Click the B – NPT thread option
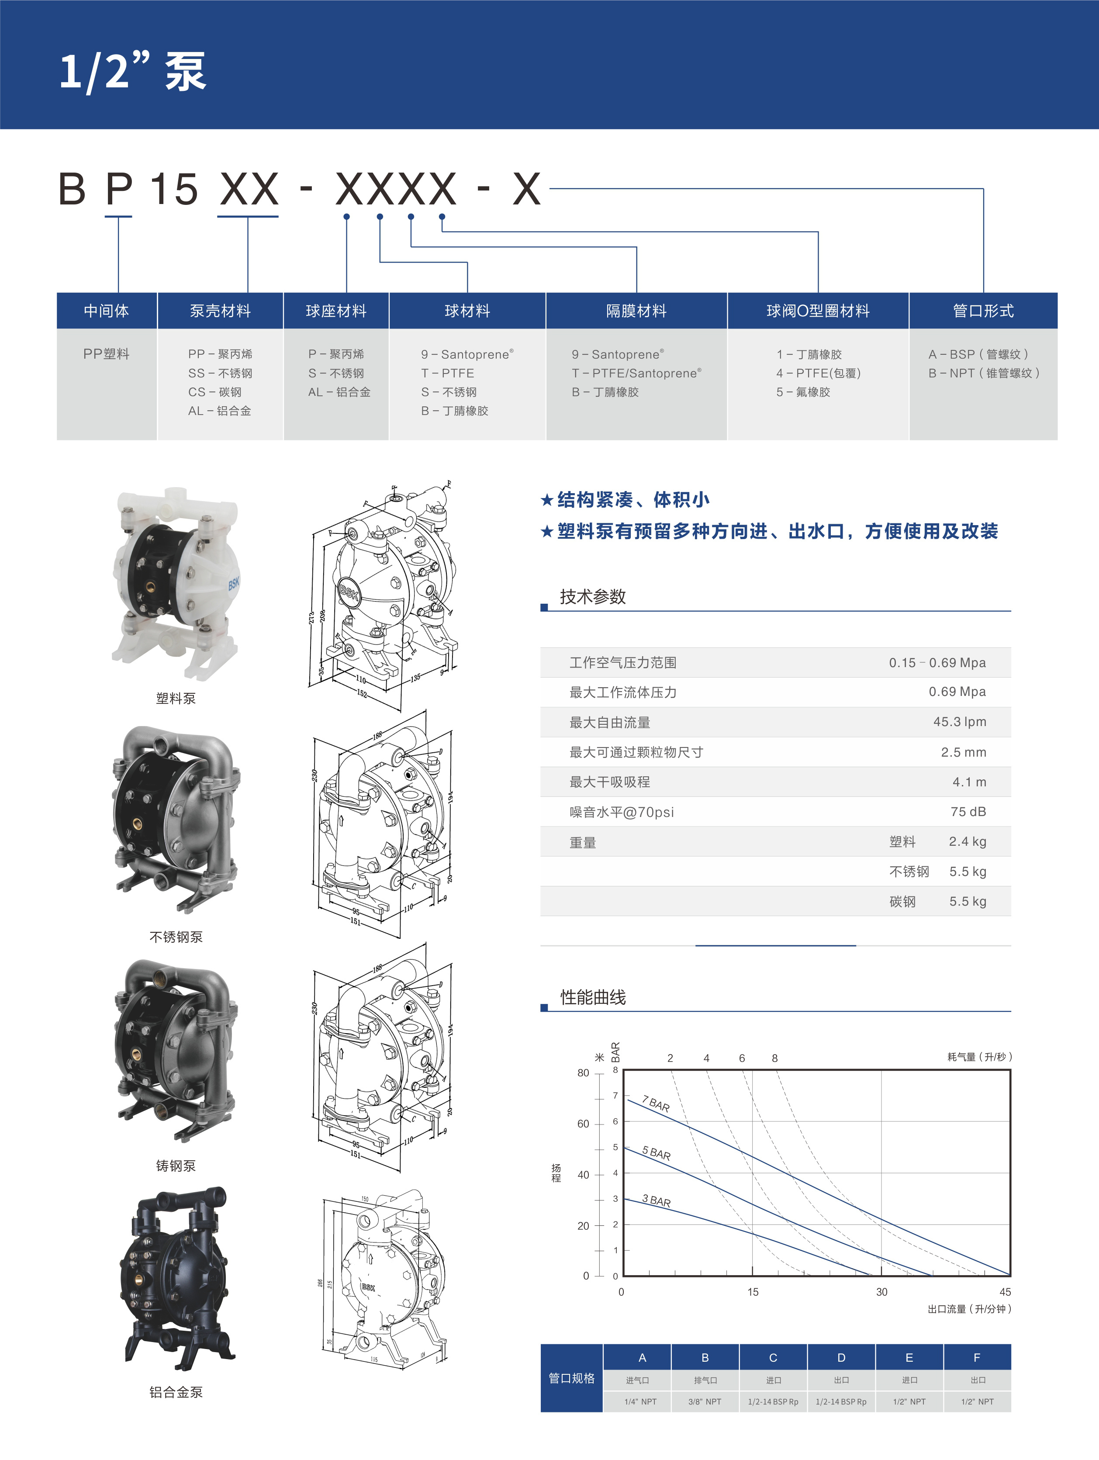(984, 373)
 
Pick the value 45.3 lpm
(959, 722)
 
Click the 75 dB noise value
(968, 812)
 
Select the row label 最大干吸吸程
(609, 782)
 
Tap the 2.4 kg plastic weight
(967, 841)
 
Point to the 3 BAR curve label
(656, 1201)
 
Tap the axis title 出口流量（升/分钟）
(969, 1309)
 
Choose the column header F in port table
(976, 1358)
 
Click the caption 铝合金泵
(176, 1392)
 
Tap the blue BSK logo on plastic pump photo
(234, 584)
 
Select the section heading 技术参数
(592, 597)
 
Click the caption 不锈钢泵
(176, 937)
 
